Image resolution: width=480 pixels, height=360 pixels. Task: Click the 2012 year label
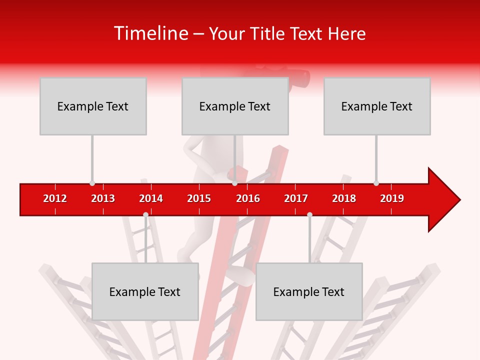55,198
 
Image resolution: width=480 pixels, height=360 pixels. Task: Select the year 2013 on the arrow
103,198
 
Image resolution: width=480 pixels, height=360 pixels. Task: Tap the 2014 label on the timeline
151,198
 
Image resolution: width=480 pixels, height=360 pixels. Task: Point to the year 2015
199,198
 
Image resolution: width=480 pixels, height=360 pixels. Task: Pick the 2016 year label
248,198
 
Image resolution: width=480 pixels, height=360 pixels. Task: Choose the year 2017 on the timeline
296,198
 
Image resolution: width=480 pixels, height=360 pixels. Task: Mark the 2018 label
344,198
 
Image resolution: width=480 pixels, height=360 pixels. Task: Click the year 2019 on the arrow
392,198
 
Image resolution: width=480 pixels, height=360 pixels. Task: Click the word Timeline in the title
150,33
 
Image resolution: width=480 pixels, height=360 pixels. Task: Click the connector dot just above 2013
92,183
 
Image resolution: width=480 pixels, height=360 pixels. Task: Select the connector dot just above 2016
234,183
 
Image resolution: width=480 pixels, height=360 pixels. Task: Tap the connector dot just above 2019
376,183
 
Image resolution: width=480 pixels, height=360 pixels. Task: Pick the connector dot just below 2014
145,214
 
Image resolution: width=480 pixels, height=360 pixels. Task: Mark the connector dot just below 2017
309,214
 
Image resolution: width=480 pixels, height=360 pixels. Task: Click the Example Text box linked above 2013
93,106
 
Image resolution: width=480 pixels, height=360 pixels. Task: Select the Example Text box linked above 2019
377,106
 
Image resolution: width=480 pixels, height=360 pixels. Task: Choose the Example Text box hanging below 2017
309,291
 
